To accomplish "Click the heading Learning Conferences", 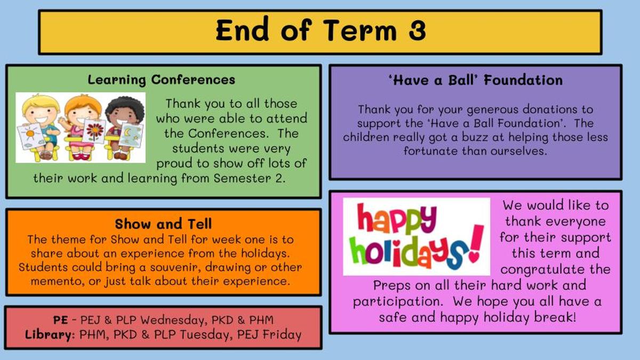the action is (162, 79).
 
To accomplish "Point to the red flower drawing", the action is (94, 131).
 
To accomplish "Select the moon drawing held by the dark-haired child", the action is (131, 135).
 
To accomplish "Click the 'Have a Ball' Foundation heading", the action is (476, 81).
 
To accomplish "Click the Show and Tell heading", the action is (163, 223).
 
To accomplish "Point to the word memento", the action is (58, 281).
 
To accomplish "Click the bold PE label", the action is (61, 320).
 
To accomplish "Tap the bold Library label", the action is (49, 335).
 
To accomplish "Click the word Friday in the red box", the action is (282, 335).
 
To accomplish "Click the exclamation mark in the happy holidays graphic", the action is (476, 243).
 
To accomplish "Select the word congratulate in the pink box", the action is (555, 269).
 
